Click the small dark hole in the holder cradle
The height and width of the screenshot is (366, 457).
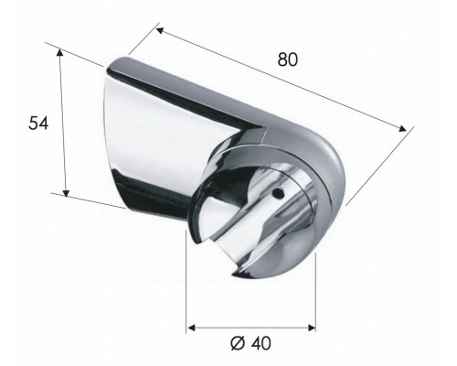pos(276,195)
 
